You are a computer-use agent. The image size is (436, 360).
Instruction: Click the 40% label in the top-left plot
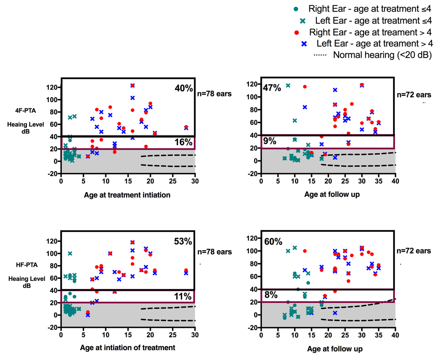pos(184,88)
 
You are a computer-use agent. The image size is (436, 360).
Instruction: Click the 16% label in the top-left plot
pos(184,142)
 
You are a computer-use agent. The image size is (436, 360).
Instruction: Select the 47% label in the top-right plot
pos(272,88)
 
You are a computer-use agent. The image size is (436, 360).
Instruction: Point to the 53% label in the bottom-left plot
pos(183,241)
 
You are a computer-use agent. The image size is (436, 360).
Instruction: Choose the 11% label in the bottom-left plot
pos(184,296)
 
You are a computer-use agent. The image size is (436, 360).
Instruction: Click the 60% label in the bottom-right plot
pos(273,242)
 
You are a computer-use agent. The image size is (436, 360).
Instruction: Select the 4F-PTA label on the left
pos(29,108)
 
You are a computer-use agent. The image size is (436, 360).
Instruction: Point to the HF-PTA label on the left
pos(29,266)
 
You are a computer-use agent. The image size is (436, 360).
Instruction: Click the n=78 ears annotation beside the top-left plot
pos(214,94)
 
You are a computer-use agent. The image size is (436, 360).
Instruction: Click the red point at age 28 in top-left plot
pos(186,127)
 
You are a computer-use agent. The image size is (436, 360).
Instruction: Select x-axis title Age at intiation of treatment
pos(128,347)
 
